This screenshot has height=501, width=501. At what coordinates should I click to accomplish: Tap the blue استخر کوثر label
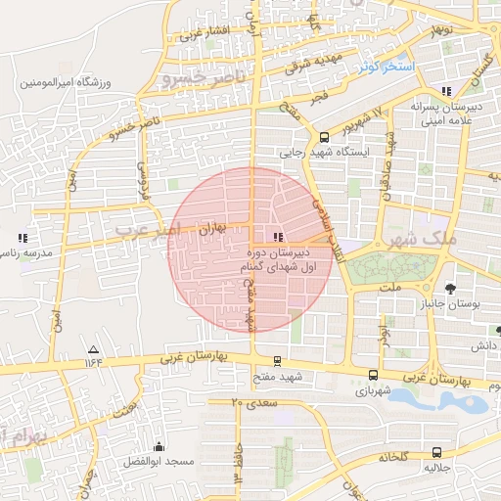386,67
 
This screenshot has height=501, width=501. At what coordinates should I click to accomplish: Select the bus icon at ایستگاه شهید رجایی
324,137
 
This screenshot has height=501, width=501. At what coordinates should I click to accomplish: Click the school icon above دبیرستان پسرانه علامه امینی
446,90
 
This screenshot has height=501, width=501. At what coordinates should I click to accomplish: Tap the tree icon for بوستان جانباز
450,288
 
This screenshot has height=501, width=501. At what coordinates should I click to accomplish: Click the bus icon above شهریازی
373,374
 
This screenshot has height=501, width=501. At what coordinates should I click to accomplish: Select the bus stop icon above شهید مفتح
278,360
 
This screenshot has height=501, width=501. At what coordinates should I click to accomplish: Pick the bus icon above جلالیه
435,452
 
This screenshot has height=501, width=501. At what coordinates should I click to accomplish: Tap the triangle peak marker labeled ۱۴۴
94,349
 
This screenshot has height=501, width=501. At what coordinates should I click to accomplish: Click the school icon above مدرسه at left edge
22,237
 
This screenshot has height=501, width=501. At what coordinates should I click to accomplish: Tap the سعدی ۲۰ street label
255,403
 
